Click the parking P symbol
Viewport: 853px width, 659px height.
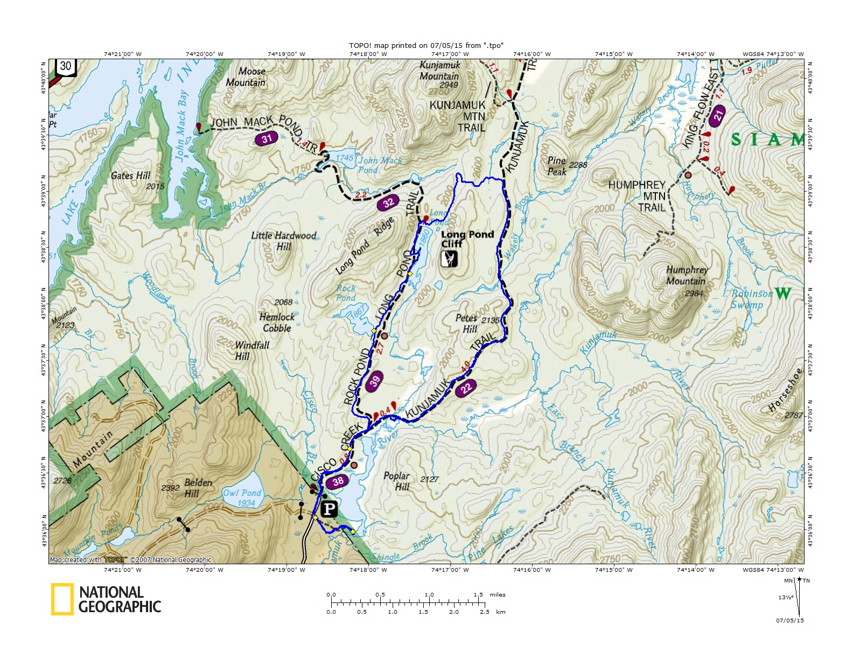point(329,509)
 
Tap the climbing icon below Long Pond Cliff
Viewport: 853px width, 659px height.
point(449,259)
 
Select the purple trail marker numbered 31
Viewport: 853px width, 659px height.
point(267,139)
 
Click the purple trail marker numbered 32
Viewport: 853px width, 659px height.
point(388,203)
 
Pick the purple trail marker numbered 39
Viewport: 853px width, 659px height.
point(374,381)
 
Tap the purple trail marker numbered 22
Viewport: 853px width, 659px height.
point(466,387)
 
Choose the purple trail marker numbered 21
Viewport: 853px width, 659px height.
point(717,116)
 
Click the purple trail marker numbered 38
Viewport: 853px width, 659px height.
point(338,481)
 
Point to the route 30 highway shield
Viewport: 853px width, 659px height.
point(65,67)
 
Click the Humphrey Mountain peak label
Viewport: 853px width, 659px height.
point(687,276)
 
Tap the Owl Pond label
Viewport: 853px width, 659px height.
point(242,493)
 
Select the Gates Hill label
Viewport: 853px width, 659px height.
point(131,176)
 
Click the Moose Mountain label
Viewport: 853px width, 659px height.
point(246,77)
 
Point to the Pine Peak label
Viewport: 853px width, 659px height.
point(557,166)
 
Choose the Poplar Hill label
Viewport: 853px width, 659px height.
point(397,481)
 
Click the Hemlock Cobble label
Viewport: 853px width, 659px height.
point(277,323)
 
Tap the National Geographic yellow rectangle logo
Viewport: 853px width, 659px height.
point(62,599)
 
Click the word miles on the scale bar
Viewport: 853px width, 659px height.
point(498,595)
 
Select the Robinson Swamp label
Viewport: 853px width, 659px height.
point(751,299)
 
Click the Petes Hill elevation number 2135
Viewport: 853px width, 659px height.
point(490,320)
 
